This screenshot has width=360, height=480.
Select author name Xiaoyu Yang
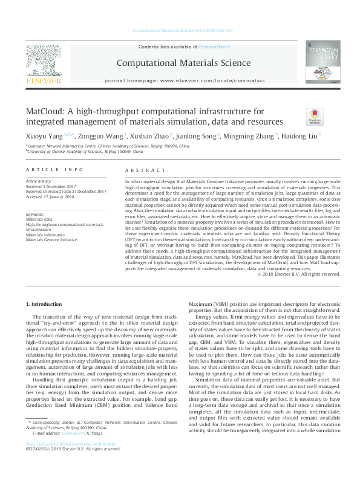[x=40, y=136]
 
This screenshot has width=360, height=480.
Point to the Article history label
[x=39, y=181]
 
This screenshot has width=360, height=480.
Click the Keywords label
[x=35, y=214]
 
